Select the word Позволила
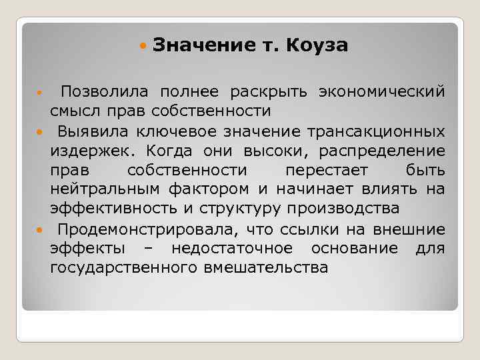[98, 91]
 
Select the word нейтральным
[101, 189]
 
